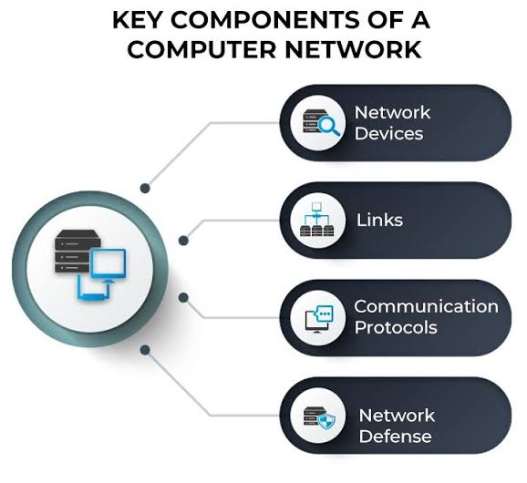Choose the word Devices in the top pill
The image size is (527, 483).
point(388,133)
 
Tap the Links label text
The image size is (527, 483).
point(379,221)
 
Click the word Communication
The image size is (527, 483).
point(426,306)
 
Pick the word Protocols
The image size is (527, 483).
point(396,327)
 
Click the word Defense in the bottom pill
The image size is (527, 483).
point(395,437)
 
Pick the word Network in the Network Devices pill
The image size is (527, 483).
point(392,112)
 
